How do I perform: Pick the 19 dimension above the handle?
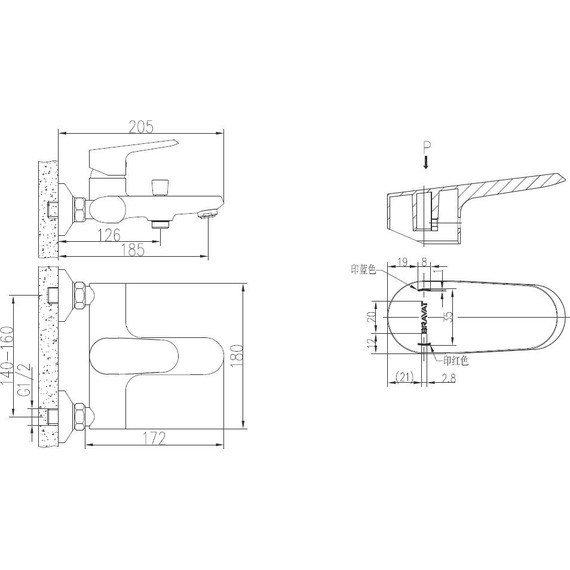[x=402, y=262]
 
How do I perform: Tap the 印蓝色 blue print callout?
[x=363, y=270]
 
